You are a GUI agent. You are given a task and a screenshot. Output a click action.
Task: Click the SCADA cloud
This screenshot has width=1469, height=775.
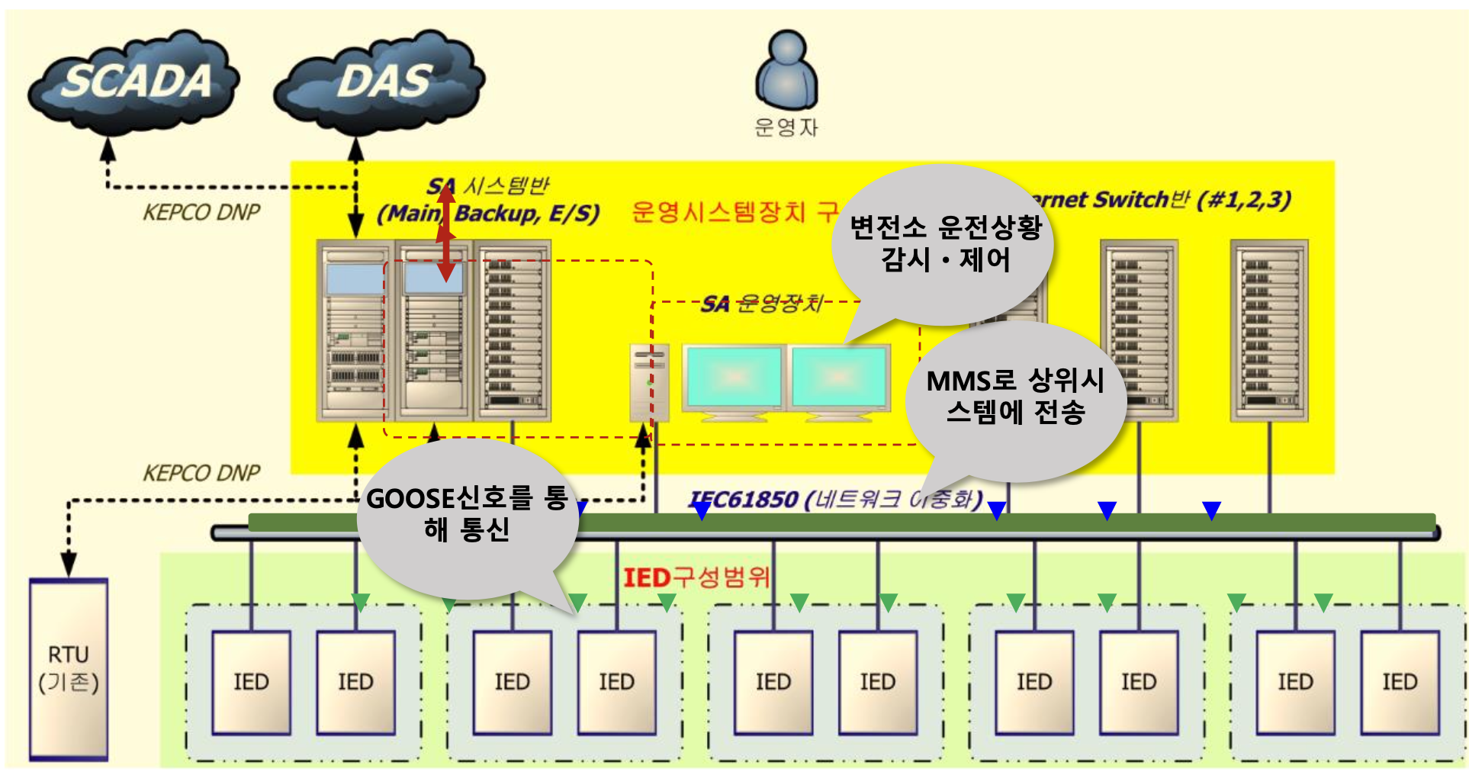pyautogui.click(x=134, y=81)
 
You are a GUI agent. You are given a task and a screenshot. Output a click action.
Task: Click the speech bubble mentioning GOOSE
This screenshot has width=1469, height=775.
pyautogui.click(x=467, y=516)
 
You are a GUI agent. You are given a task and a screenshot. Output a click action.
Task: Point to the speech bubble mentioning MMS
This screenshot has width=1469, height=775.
pyautogui.click(x=1015, y=397)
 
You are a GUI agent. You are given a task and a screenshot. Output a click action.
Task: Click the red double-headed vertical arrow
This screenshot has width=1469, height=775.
pyautogui.click(x=446, y=233)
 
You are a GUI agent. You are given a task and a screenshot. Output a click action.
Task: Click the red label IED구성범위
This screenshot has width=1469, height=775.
pyautogui.click(x=696, y=577)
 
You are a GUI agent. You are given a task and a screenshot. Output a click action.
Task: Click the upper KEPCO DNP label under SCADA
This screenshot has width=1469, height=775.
pyautogui.click(x=201, y=212)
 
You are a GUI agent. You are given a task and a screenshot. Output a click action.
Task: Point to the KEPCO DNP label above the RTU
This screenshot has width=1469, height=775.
pyautogui.click(x=201, y=473)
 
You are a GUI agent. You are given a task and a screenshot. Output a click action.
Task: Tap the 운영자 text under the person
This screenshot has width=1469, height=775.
pyautogui.click(x=786, y=127)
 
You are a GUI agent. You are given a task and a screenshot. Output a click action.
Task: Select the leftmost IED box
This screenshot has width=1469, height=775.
pyautogui.click(x=251, y=682)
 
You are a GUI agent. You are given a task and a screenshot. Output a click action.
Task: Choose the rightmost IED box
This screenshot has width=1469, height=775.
pyautogui.click(x=1400, y=682)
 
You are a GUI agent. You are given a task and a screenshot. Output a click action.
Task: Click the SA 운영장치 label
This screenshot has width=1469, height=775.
pyautogui.click(x=762, y=304)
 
